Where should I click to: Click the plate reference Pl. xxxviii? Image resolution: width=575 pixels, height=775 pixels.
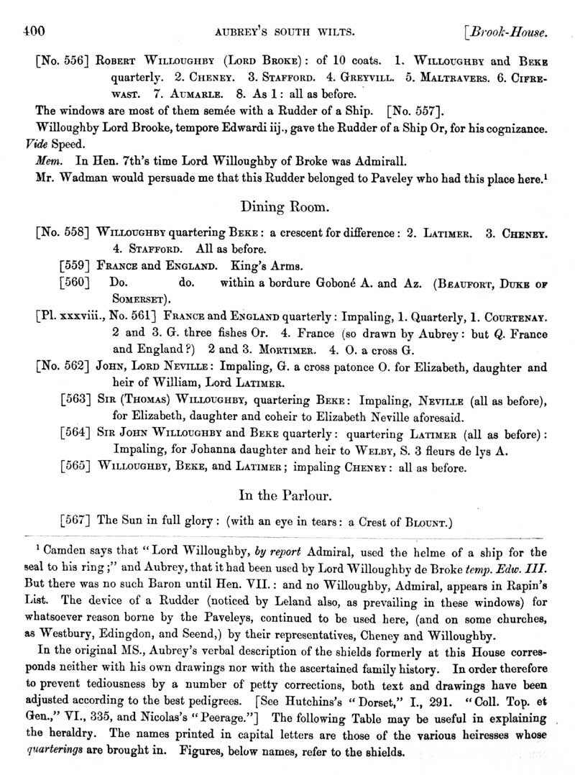pos(72,316)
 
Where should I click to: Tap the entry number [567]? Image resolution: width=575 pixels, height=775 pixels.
pos(74,521)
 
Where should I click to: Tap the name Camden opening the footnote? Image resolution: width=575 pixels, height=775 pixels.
pos(63,552)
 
